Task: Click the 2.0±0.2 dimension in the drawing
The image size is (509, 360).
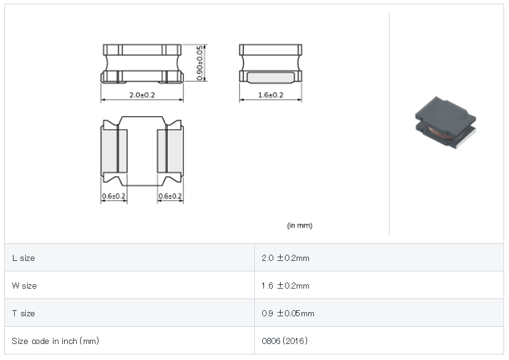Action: point(142,95)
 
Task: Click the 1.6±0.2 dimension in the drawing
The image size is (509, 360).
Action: point(271,95)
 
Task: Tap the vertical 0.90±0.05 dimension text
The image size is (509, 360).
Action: point(199,63)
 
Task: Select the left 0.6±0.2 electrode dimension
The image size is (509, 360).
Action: point(114,196)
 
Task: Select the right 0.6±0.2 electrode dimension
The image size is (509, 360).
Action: point(170,196)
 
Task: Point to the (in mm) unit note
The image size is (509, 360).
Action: point(300,225)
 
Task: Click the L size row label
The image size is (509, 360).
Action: point(23,258)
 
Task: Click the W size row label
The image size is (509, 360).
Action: point(25,286)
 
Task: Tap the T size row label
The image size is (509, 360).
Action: point(23,313)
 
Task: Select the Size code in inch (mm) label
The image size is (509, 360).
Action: point(55,341)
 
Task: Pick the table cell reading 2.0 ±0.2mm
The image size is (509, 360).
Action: point(286,258)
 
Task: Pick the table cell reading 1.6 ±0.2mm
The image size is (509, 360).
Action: point(286,286)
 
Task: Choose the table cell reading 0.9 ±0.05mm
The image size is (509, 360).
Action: point(288,313)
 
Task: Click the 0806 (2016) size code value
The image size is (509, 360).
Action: point(285,341)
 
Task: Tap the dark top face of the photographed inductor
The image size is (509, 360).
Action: point(446,113)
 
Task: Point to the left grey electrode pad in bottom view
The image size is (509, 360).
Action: point(114,151)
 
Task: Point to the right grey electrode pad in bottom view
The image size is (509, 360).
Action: point(170,151)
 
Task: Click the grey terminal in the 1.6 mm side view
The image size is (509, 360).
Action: point(271,78)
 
